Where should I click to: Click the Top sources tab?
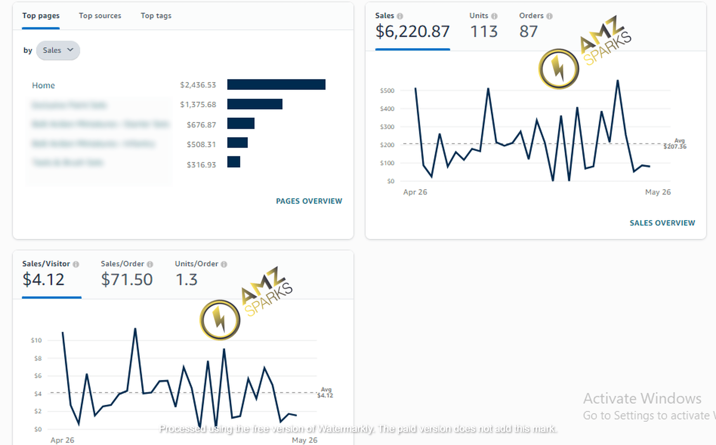point(100,16)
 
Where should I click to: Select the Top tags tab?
point(156,16)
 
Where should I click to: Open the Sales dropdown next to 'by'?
point(58,50)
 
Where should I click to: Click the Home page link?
point(43,85)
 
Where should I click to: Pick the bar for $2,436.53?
point(276,84)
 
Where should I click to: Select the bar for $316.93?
point(234,162)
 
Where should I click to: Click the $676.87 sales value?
point(201,124)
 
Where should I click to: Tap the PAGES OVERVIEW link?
point(309,201)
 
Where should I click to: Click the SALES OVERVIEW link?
point(662,223)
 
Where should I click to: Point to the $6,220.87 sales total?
point(412,32)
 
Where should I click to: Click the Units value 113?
point(484,32)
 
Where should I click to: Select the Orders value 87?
point(528,32)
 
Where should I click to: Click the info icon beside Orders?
point(549,16)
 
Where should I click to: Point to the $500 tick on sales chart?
point(387,91)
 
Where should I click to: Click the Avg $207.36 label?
point(675,144)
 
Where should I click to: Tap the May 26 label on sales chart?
point(658,192)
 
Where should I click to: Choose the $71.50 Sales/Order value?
point(127,280)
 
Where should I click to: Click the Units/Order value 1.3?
point(187,280)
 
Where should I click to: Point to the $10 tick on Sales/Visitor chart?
point(36,340)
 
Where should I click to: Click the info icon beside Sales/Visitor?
point(76,264)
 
